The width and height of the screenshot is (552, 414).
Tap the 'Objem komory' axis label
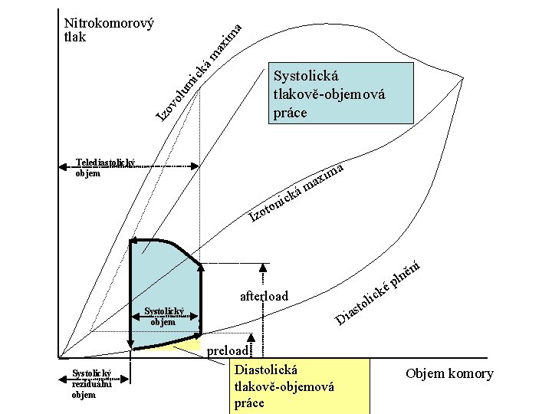449,374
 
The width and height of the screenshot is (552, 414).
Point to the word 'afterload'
264,295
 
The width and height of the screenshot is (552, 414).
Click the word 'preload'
228,351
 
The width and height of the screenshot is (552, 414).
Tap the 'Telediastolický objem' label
105,166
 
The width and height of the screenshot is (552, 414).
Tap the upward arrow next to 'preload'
251,340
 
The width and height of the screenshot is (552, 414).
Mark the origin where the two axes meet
59,357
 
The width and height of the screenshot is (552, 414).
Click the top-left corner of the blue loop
131,242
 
